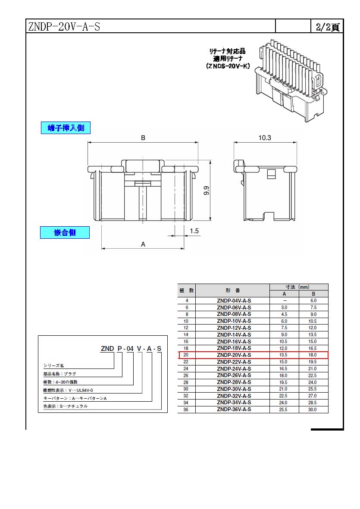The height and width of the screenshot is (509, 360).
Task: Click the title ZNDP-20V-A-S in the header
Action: click(64, 26)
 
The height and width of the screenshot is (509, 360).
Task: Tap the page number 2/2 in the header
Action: click(323, 27)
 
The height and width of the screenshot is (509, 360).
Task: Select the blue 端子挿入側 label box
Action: click(66, 128)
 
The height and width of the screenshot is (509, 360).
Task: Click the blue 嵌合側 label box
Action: click(65, 232)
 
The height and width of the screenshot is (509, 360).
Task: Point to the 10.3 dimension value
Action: click(265, 137)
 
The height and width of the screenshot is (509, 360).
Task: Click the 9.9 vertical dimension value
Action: click(206, 190)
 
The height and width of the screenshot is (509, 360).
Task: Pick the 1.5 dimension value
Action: click(194, 231)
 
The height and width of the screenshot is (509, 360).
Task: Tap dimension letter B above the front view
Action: click(143, 137)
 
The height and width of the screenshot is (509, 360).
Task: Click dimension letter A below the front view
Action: click(143, 244)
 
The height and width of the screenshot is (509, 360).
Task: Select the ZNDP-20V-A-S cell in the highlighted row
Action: click(234, 355)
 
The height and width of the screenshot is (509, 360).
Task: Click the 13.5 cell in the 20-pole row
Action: click(283, 355)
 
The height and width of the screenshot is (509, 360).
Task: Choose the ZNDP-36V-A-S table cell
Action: click(234, 409)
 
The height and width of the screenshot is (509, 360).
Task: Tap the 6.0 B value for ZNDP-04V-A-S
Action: click(313, 300)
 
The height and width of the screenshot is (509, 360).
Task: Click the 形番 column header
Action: click(233, 290)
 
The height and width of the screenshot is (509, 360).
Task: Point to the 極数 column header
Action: click(187, 290)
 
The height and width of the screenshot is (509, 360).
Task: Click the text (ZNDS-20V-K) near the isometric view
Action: click(228, 66)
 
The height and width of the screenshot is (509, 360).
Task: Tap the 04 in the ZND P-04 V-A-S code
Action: click(130, 348)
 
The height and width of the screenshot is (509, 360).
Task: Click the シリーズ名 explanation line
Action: click(53, 365)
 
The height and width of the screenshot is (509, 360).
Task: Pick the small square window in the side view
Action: click(271, 174)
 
